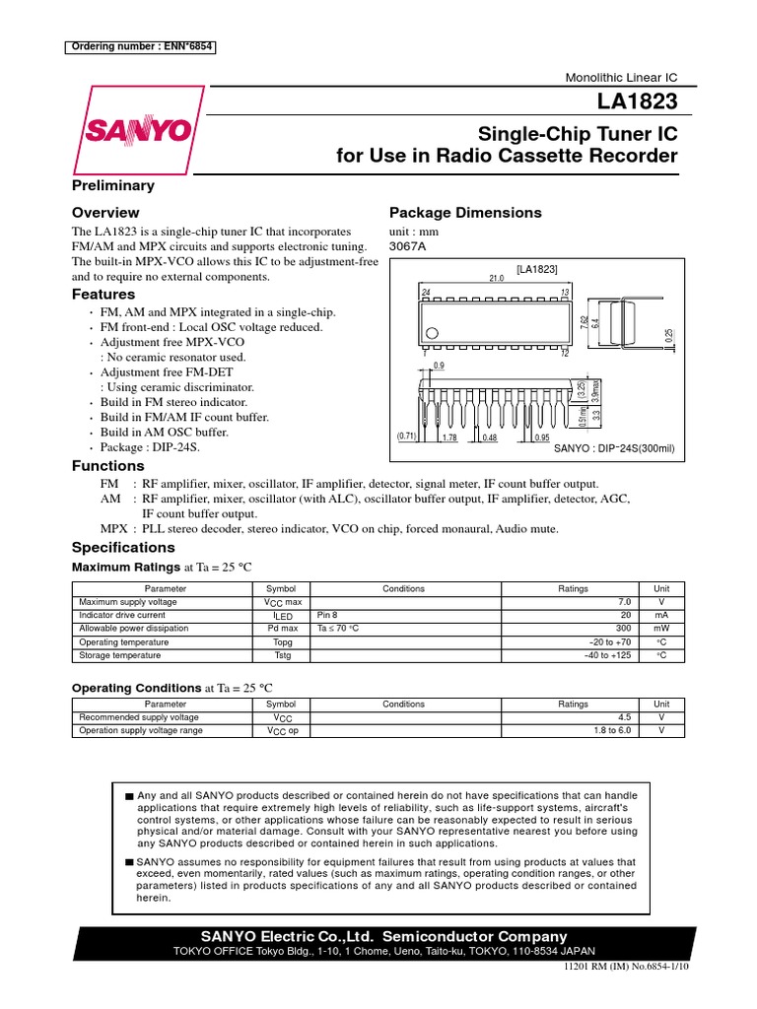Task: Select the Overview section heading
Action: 105,213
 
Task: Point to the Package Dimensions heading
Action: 465,213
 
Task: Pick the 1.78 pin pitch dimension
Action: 449,437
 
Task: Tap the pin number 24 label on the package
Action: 426,292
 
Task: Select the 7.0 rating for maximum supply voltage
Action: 623,601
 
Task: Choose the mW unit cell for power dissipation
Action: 660,628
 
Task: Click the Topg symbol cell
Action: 282,641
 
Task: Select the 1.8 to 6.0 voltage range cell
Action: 612,731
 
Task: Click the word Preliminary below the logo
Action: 113,185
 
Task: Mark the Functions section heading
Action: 108,465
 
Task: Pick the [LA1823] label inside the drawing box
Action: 537,268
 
